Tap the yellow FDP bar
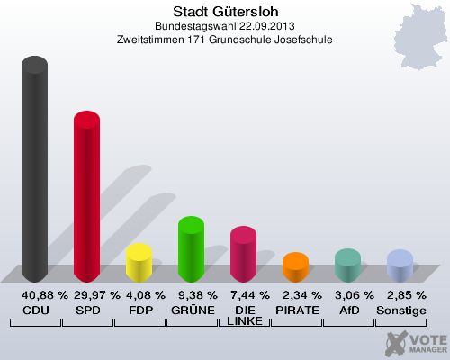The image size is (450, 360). coord(139,263)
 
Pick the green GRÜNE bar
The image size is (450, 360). coord(191,249)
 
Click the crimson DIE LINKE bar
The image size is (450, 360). coord(243,254)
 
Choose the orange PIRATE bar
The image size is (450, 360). coord(295,267)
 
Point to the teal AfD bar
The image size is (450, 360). coord(347,265)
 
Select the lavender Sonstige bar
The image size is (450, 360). coord(400,266)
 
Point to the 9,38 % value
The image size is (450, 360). coord(192,294)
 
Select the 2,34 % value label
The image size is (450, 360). coord(296,294)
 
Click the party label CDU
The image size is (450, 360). coord(35,310)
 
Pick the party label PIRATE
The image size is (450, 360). coord(296,310)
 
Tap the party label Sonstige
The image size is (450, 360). coord(400,310)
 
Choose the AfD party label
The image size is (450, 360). coord(348,310)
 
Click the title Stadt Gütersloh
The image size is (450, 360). coord(225,12)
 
